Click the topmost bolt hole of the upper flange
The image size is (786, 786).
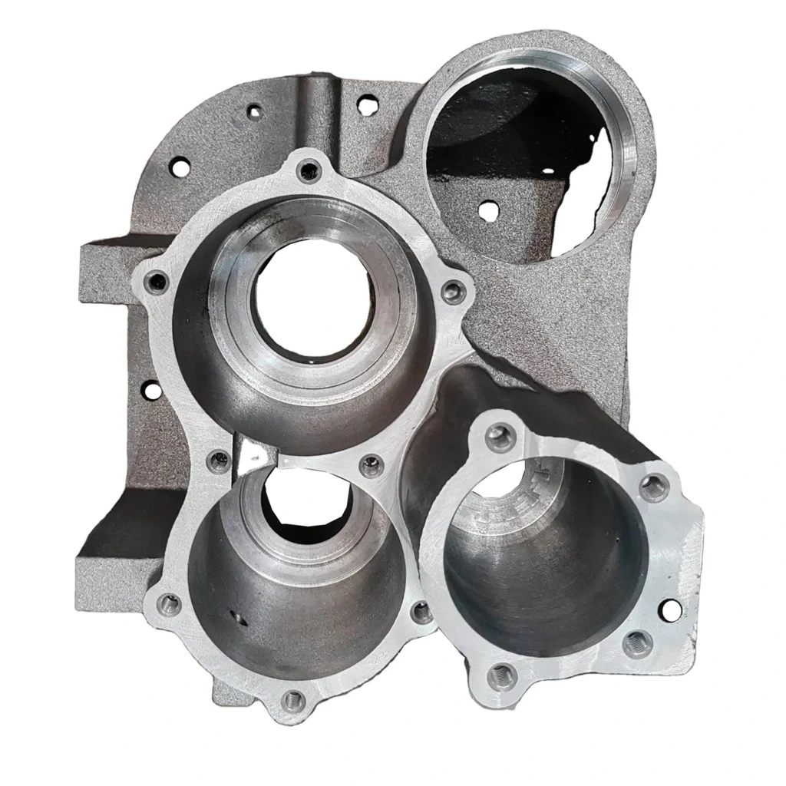[309, 170]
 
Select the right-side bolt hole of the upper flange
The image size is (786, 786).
[454, 291]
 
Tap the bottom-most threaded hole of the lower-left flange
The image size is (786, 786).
[292, 699]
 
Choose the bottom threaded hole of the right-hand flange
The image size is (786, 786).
[501, 675]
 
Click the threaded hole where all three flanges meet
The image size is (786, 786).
[372, 464]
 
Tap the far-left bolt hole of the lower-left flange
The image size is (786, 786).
[170, 604]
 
